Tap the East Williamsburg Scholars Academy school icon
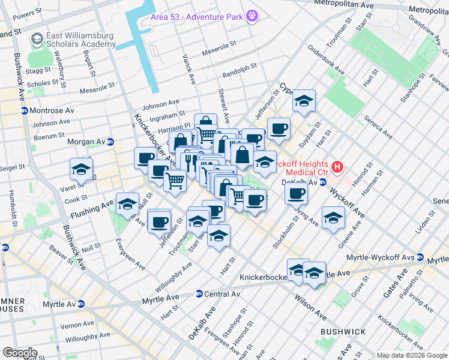pos(37,39)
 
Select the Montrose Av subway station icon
pos(24,111)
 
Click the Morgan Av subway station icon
pos(110,142)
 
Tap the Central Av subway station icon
pos(198,294)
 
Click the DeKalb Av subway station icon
pos(322,182)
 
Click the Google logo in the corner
pos(20,353)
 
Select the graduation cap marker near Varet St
pos(81,169)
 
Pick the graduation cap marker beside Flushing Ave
pos(127,205)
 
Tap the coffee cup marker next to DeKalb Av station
pos(296,194)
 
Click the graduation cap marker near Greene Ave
pos(333,218)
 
